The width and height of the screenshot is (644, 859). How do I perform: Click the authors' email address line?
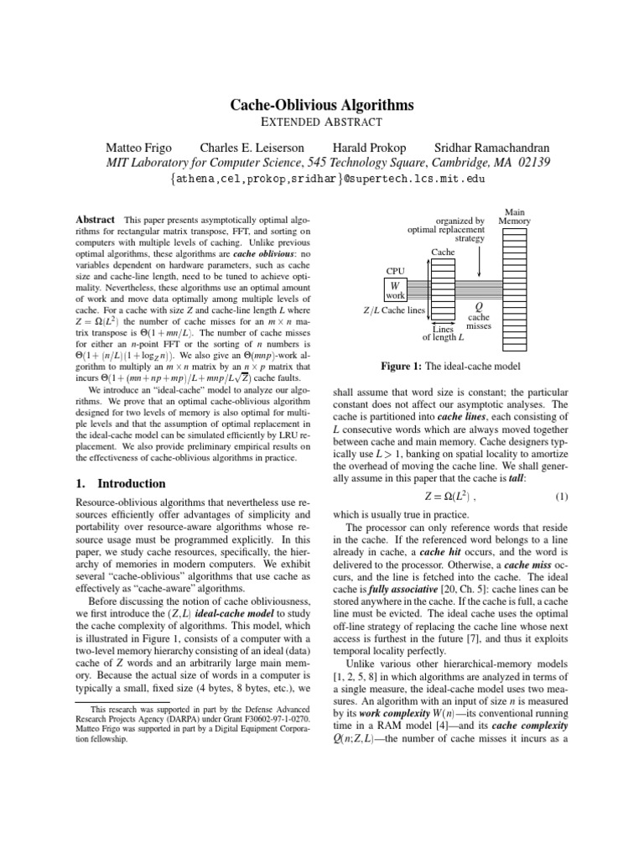[x=322, y=179]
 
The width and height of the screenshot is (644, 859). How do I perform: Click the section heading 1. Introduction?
[x=122, y=484]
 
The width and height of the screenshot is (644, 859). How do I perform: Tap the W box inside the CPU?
[x=394, y=286]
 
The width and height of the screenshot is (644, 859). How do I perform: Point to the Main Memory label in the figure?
[x=514, y=216]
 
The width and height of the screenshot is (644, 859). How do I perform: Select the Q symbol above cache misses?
[x=478, y=307]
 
